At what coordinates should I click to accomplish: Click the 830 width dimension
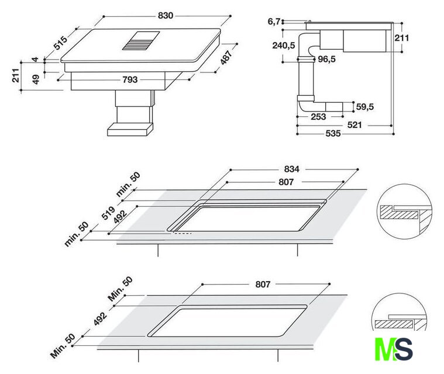click(x=166, y=16)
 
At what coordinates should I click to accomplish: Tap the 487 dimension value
click(x=226, y=57)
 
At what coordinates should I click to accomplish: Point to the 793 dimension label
click(x=130, y=79)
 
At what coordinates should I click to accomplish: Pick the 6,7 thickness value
click(x=274, y=22)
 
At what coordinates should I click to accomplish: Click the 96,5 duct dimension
click(x=326, y=59)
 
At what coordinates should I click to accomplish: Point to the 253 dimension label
click(x=318, y=117)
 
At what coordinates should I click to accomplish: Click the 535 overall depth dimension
click(x=332, y=133)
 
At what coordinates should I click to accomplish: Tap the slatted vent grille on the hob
click(x=140, y=41)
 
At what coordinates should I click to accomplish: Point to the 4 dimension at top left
click(x=35, y=60)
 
